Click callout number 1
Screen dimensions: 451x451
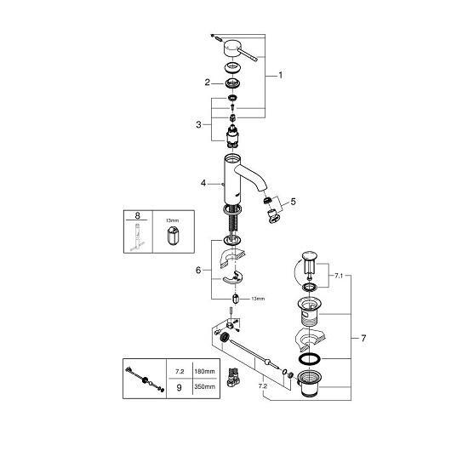[281, 76]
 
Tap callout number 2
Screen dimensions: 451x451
[208, 83]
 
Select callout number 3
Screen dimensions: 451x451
[198, 125]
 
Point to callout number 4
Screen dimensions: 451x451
[203, 183]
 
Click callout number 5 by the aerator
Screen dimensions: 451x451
[293, 202]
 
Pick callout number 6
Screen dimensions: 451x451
[198, 270]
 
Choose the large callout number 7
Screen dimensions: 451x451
[363, 338]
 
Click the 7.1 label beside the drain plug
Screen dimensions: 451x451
[339, 276]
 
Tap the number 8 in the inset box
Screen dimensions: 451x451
[138, 215]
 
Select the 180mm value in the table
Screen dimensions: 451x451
[204, 371]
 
